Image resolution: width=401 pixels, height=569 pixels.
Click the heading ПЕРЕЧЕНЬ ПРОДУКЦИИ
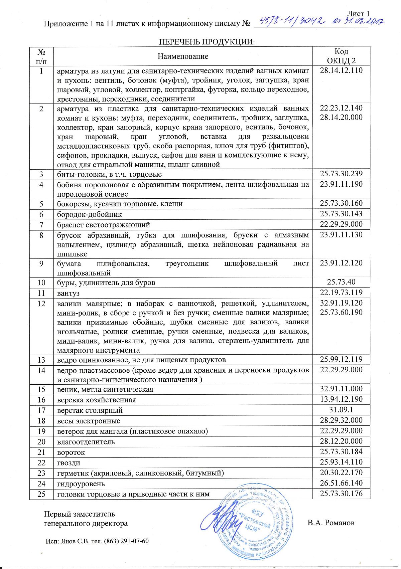pyautogui.click(x=207, y=42)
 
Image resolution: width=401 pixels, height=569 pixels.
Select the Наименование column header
pyautogui.click(x=183, y=56)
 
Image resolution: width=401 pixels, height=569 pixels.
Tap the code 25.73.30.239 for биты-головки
pyautogui.click(x=341, y=174)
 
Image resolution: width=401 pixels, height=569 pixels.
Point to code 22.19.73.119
pyautogui.click(x=341, y=293)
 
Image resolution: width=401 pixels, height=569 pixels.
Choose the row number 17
pyautogui.click(x=41, y=410)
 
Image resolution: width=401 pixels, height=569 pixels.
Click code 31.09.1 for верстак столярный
pyautogui.click(x=341, y=410)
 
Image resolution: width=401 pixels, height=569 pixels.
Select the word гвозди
pyautogui.click(x=69, y=463)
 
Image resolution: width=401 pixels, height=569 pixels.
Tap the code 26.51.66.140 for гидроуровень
pyautogui.click(x=341, y=483)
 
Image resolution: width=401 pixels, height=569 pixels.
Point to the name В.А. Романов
pyautogui.click(x=331, y=523)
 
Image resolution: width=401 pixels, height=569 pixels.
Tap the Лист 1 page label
pyautogui.click(x=358, y=14)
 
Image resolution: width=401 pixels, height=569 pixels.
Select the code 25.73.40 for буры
pyautogui.click(x=341, y=282)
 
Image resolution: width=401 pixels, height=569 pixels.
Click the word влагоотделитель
pyautogui.click(x=86, y=442)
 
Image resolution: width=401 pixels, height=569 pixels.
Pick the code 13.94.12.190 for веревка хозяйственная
pyautogui.click(x=341, y=399)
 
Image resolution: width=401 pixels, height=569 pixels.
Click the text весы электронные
pyautogui.click(x=89, y=421)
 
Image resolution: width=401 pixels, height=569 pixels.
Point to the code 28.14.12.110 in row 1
pyautogui.click(x=341, y=70)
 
